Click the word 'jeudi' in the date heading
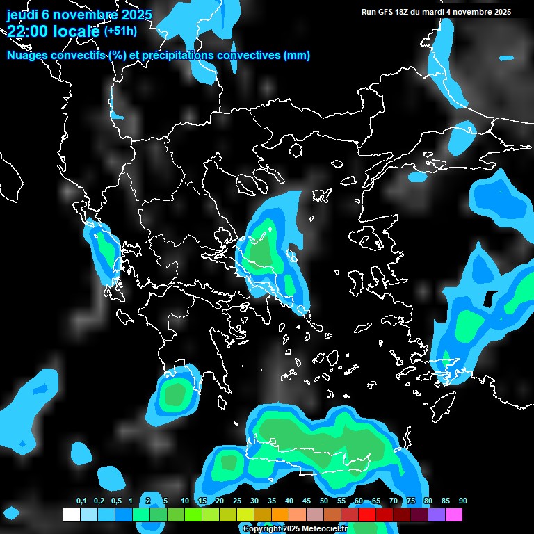coord(23,14)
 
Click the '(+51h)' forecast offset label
coord(120,31)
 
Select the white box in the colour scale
coord(71,515)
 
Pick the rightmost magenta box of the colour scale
coord(454,515)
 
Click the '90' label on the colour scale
coord(463,501)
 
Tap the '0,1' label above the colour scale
coord(81,501)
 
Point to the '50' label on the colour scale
coord(324,501)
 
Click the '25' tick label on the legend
coord(237,501)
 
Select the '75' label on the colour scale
coord(411,501)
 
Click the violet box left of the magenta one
coord(437,515)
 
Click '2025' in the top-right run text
coord(499,12)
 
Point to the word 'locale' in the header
coord(75,31)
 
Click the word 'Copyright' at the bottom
coord(260,529)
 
